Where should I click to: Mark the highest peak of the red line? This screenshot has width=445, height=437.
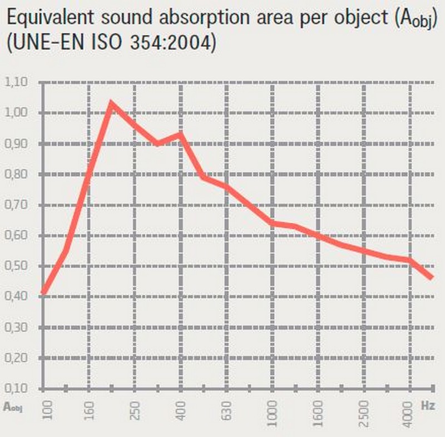[x=112, y=103]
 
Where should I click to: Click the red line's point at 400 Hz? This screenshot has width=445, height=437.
[x=181, y=133]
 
